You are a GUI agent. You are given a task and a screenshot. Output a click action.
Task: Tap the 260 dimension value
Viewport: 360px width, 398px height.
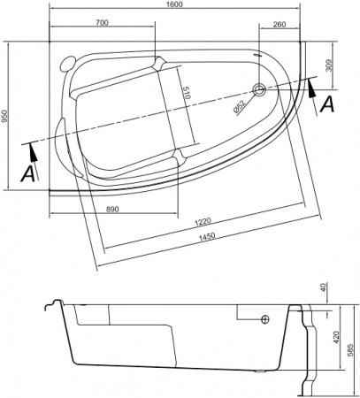[280, 23]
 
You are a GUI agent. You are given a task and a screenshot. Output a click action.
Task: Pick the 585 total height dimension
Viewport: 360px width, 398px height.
[350, 350]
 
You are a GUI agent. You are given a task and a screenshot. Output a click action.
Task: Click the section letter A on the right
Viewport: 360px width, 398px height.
[327, 104]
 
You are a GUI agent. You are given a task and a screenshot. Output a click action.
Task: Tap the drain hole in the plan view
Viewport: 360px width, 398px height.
[260, 89]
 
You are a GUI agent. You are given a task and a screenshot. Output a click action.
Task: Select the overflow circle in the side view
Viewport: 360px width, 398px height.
[264, 319]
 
